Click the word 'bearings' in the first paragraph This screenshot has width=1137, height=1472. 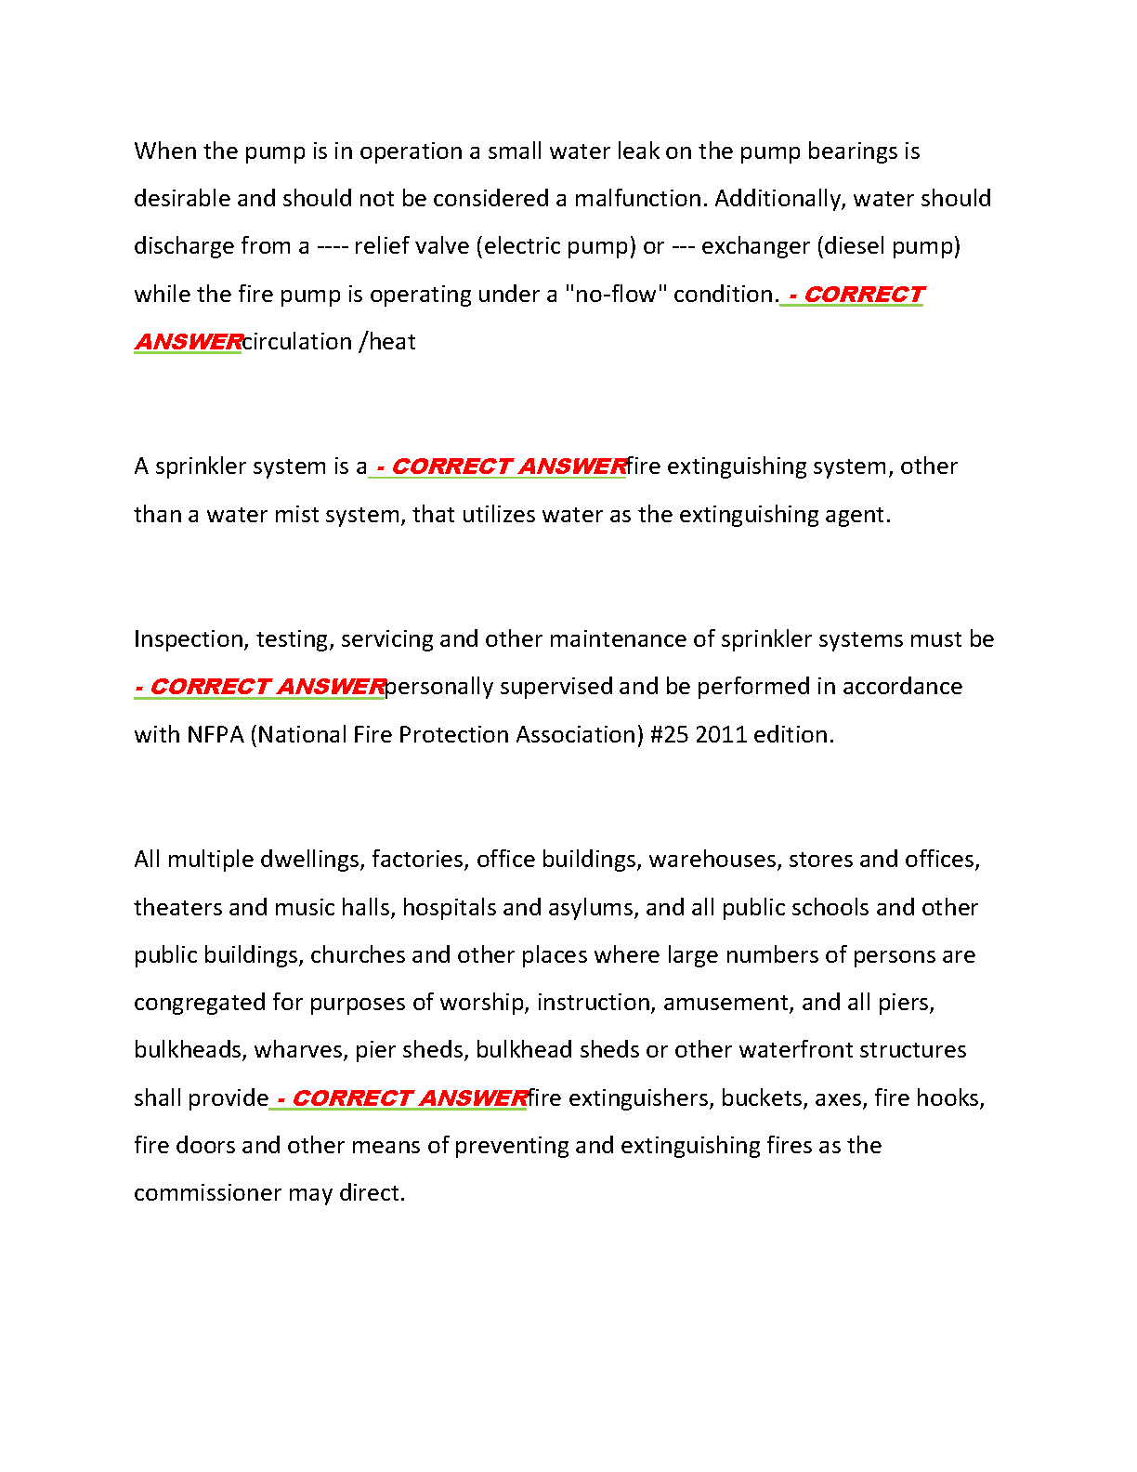click(x=852, y=151)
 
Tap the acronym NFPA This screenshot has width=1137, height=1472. click(x=215, y=735)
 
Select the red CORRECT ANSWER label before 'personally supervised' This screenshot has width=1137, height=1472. click(x=259, y=687)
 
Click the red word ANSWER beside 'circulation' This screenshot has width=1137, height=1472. click(x=189, y=342)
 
